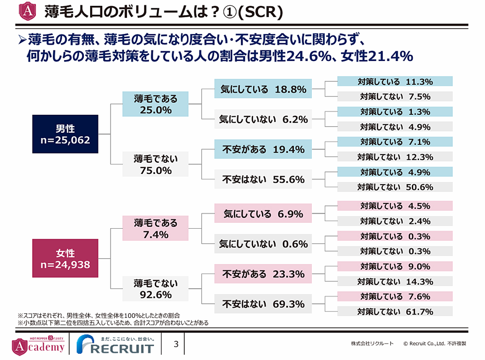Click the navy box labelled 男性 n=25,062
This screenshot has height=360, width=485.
tap(65, 134)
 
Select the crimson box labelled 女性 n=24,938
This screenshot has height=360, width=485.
tap(65, 258)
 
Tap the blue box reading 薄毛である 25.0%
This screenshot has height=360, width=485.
tap(156, 104)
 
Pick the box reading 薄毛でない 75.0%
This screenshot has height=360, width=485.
tap(156, 164)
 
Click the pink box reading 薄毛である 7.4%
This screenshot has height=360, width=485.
tap(156, 229)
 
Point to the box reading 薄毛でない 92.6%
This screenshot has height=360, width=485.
tap(156, 289)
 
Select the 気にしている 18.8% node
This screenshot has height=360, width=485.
tap(263, 89)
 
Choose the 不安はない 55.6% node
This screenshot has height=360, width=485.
tap(263, 179)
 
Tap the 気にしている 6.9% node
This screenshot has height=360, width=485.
tap(263, 214)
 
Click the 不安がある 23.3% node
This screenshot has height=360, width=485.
tap(263, 274)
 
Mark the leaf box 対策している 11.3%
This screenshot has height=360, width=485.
tap(395, 81)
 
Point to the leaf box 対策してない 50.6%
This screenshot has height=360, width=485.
tap(395, 187)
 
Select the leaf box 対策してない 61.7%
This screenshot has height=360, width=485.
tap(395, 312)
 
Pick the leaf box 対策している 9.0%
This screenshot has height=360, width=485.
tap(395, 266)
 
